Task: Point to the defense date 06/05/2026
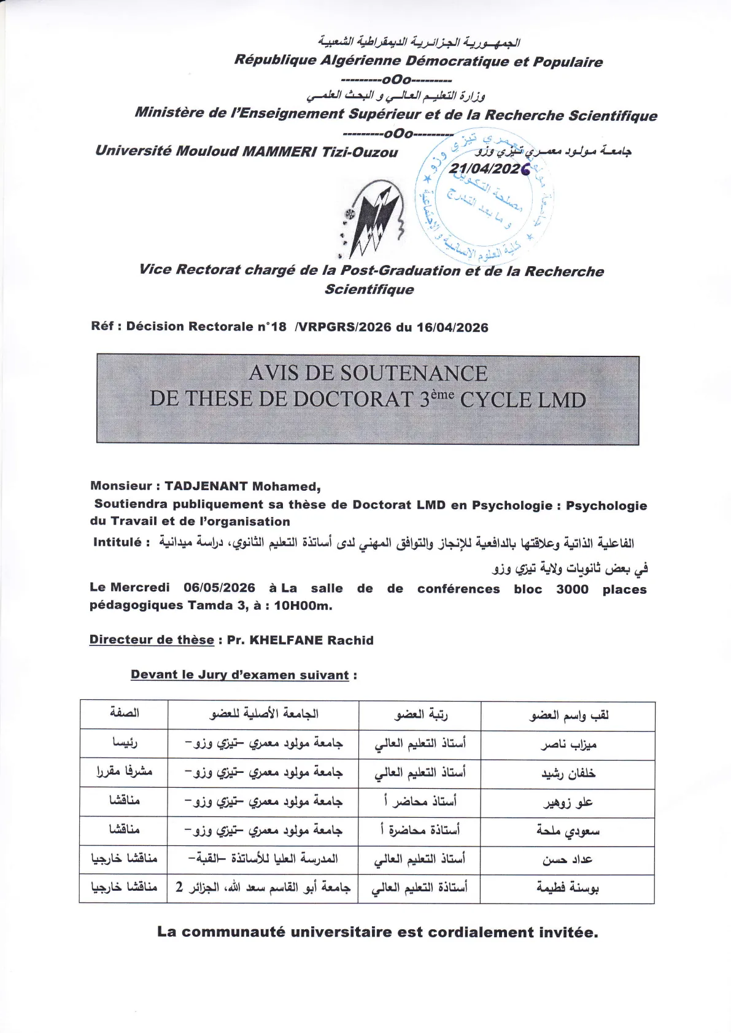[x=219, y=588]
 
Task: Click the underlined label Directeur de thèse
[x=152, y=640]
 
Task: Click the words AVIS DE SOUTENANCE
[x=368, y=373]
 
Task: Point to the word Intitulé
[x=117, y=542]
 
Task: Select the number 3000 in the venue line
[x=572, y=589]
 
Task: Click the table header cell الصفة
[x=124, y=713]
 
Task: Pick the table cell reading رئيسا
[x=124, y=743]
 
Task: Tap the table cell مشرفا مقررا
[x=124, y=772]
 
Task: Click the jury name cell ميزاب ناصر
[x=568, y=745]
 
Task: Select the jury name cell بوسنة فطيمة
[x=568, y=888]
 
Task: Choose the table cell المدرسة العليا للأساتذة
[x=264, y=859]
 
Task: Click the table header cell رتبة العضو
[x=420, y=714]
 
